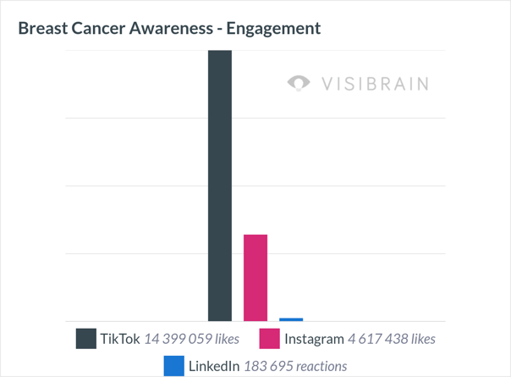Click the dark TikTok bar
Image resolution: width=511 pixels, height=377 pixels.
point(220,186)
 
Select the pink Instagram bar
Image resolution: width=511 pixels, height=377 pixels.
point(255,278)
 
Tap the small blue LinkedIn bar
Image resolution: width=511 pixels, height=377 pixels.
point(291,319)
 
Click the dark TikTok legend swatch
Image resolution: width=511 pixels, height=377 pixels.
point(86,339)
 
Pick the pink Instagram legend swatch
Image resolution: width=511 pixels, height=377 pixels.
point(270,339)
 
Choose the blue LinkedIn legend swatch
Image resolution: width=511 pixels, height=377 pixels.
point(174,366)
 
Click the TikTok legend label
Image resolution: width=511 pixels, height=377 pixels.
point(119,339)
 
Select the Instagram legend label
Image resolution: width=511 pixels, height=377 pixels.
point(314,339)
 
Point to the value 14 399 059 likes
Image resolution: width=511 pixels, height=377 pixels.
point(191,339)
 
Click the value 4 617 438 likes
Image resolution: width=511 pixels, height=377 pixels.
point(392,339)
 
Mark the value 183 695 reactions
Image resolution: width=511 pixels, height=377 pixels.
point(295,366)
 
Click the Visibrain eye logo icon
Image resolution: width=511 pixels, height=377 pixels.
point(299,83)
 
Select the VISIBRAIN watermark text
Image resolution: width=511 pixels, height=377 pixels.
point(375,83)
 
